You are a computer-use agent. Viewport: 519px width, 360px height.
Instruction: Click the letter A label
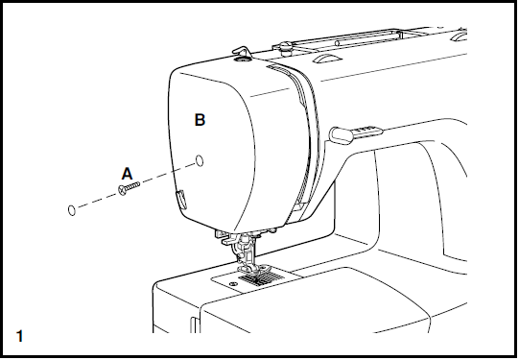(x=126, y=174)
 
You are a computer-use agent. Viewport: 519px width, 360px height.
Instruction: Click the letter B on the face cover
(x=200, y=120)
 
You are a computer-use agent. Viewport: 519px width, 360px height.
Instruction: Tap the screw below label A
(x=126, y=191)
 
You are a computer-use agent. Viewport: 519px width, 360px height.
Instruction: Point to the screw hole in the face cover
(x=199, y=159)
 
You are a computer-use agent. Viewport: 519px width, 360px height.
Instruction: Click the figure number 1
(x=20, y=336)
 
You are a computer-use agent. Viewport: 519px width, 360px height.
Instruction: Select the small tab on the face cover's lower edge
(x=179, y=200)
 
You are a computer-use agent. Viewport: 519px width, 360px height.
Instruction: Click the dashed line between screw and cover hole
(x=163, y=175)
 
